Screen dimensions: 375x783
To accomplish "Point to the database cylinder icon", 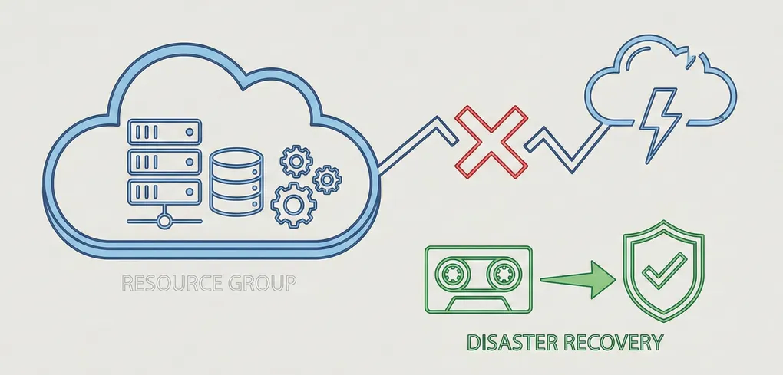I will [x=236, y=182].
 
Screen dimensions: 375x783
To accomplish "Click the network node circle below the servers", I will [x=164, y=221].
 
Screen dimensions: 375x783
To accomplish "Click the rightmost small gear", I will [x=327, y=179].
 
